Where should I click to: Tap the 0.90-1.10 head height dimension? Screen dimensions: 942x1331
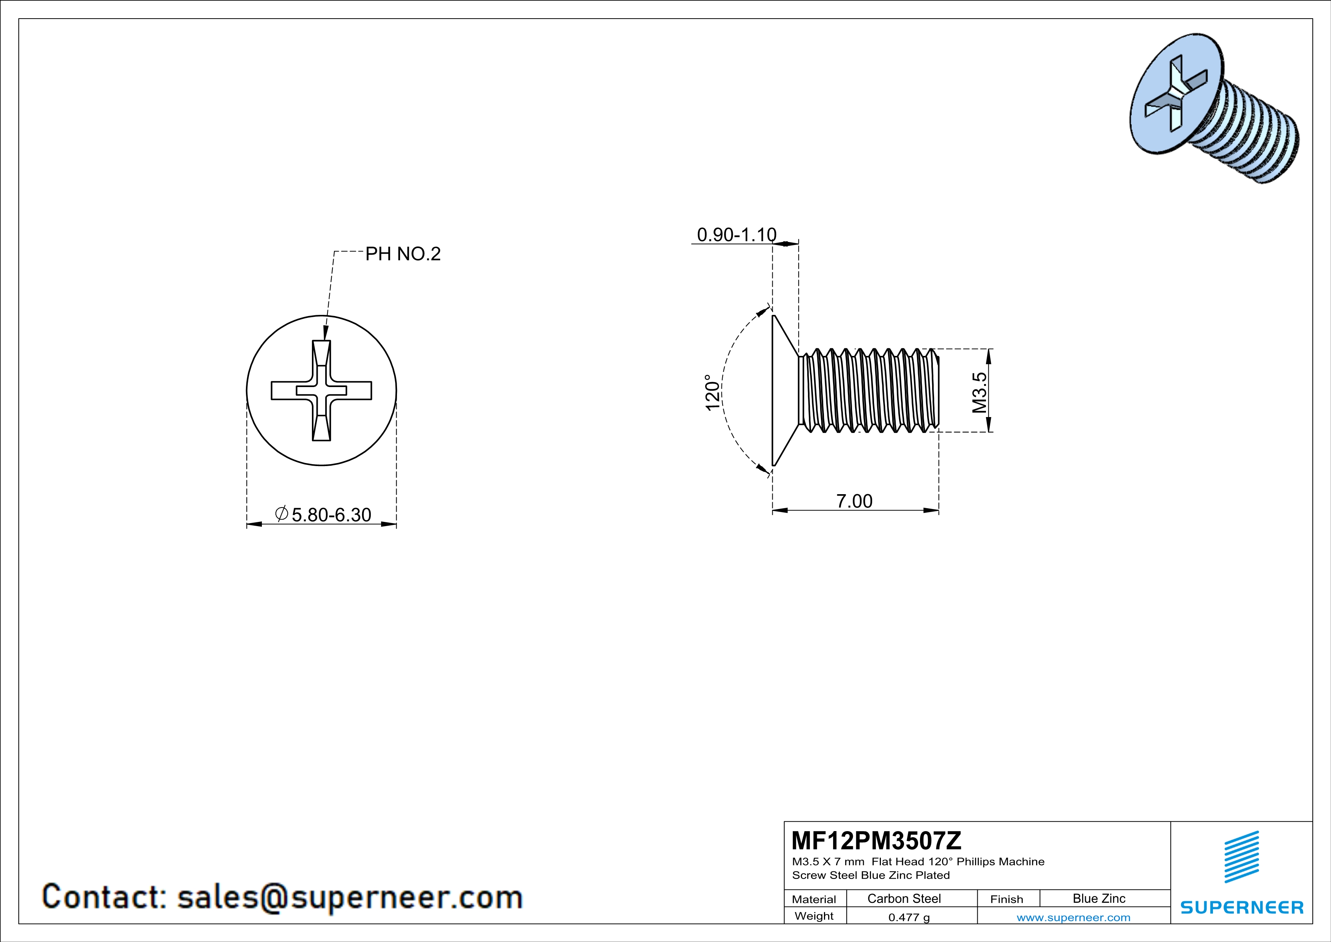point(736,234)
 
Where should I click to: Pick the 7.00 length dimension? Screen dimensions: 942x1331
point(854,501)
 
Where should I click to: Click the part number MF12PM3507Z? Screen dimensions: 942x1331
point(876,840)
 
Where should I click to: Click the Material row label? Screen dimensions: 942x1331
point(814,899)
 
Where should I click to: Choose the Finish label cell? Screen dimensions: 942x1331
point(1007,899)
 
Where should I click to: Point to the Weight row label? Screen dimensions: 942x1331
point(814,916)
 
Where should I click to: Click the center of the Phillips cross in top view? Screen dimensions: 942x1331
point(321,390)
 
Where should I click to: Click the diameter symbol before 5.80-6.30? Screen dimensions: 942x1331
point(282,513)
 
